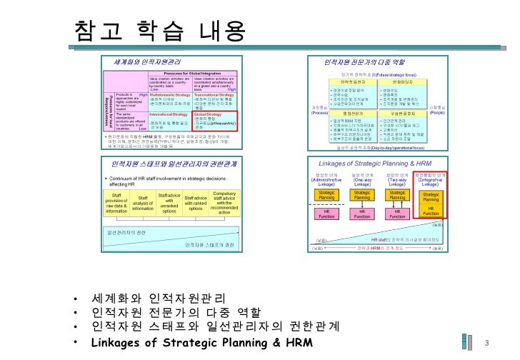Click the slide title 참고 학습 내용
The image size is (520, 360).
[160, 30]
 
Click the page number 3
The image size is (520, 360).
[486, 344]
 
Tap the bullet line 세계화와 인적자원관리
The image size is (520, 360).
[159, 298]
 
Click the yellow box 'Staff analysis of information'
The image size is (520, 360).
[144, 202]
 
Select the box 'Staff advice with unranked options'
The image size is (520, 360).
[169, 202]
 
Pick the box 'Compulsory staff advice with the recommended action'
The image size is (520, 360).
[224, 202]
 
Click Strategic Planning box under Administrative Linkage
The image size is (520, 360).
[326, 196]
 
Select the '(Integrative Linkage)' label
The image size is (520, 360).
[431, 180]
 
